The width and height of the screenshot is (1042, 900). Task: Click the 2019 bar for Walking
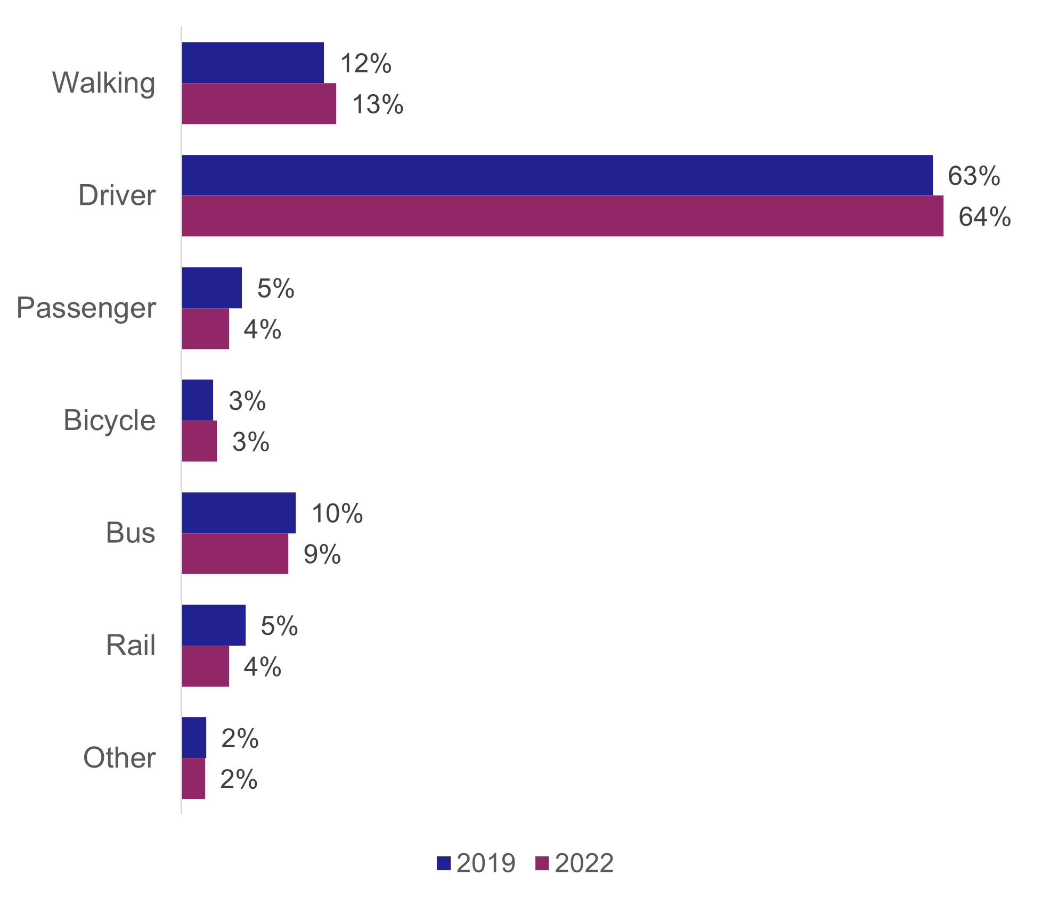(253, 63)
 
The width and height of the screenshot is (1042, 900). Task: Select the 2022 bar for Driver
(562, 216)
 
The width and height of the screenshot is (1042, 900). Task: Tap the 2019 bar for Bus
(238, 513)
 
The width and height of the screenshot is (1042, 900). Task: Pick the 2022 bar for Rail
(205, 666)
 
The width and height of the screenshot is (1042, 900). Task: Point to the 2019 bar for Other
(194, 737)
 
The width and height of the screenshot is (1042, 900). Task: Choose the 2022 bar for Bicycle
(199, 441)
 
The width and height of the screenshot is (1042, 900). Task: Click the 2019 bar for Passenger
(211, 288)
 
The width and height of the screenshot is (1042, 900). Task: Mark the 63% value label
(973, 176)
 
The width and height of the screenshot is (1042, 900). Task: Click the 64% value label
(984, 217)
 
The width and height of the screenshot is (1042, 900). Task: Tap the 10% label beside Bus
(337, 514)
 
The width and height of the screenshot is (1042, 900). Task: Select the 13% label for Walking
(377, 104)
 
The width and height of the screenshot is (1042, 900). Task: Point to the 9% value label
(322, 555)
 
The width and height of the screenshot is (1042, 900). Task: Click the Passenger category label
(86, 308)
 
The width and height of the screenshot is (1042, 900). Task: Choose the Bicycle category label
(109, 420)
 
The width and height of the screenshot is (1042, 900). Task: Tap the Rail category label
(131, 646)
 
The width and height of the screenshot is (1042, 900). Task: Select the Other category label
(119, 758)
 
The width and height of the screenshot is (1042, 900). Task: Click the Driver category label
(117, 195)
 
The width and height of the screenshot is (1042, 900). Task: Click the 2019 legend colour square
(444, 863)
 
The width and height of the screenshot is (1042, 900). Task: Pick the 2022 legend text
(584, 863)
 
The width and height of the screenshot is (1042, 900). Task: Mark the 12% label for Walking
(365, 63)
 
